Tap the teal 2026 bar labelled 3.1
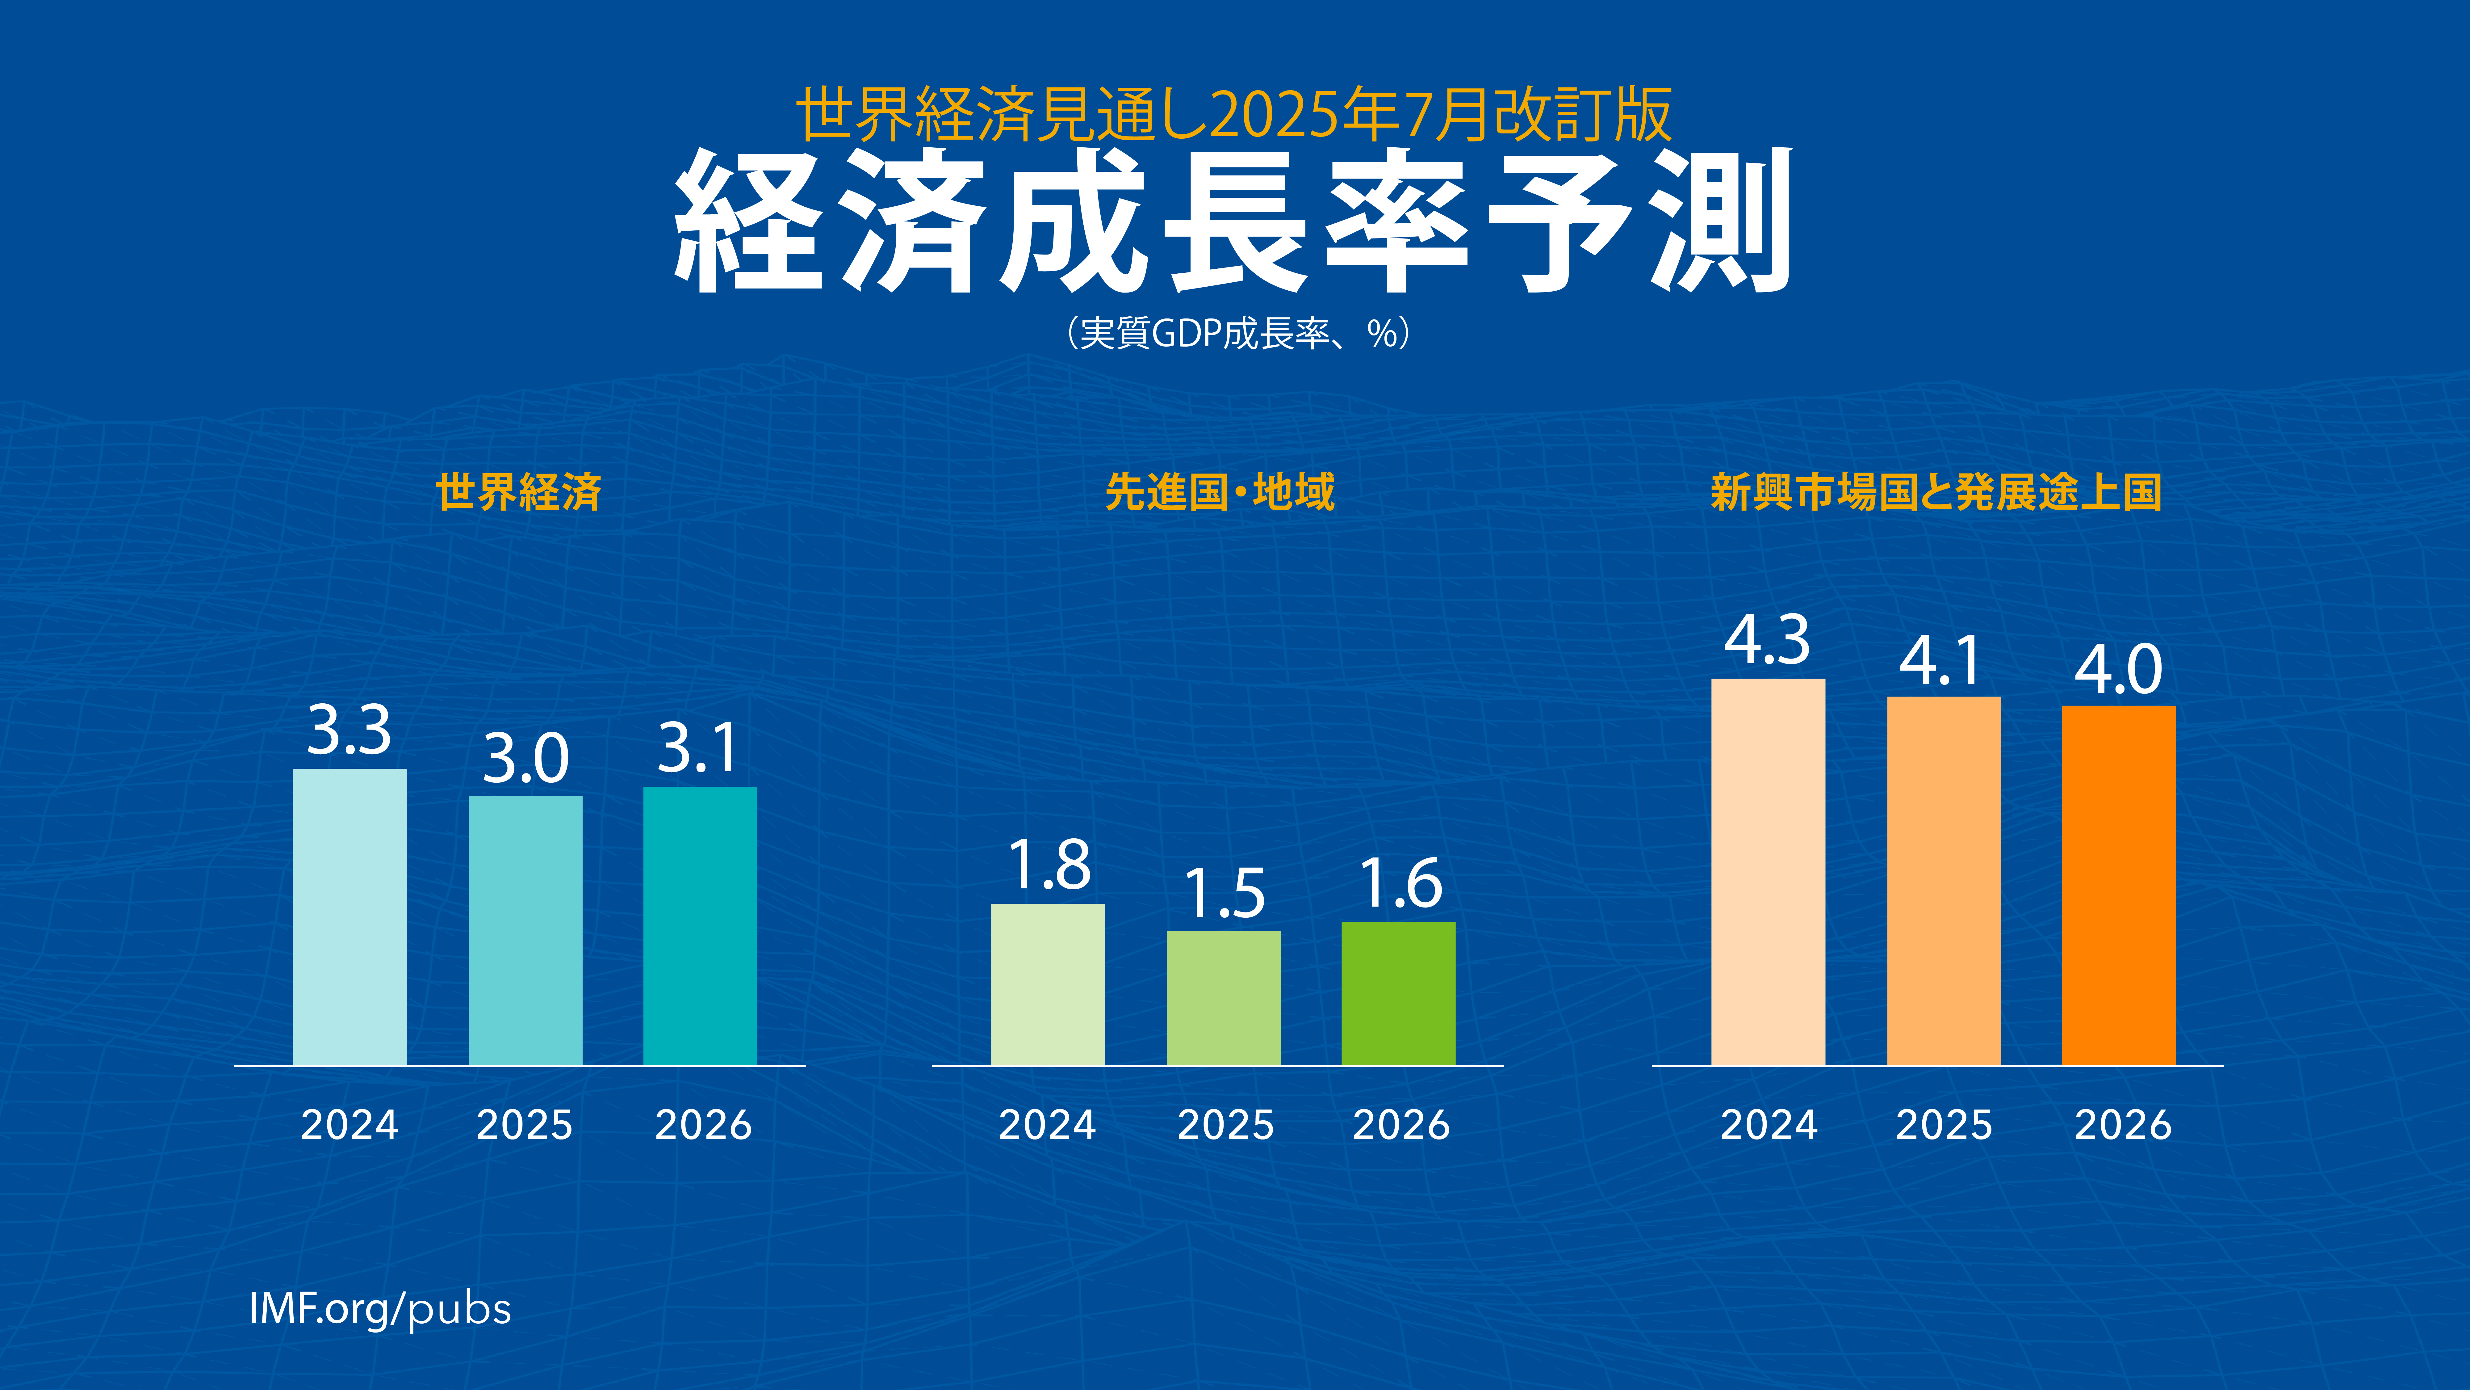(x=700, y=926)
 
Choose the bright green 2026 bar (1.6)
(x=1398, y=993)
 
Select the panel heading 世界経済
(x=519, y=492)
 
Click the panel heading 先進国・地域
(x=1220, y=492)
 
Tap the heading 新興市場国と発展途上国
(x=1936, y=492)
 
